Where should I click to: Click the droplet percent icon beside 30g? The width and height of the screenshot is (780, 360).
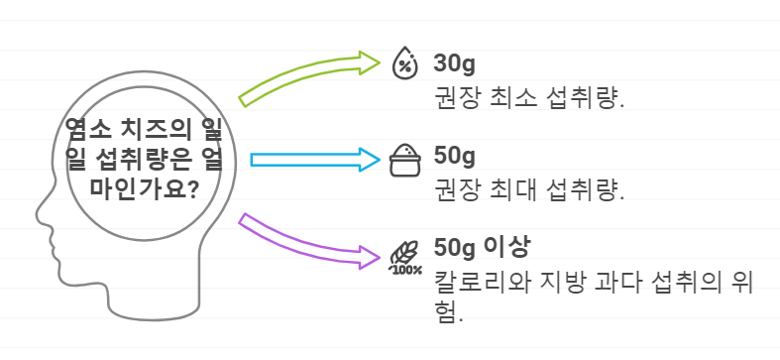(x=404, y=62)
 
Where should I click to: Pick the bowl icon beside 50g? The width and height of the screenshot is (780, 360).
(x=404, y=160)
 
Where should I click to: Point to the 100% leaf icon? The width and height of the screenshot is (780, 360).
(x=404, y=256)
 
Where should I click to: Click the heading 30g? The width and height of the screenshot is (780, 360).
(x=455, y=64)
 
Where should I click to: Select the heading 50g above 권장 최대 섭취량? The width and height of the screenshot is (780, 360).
(x=455, y=157)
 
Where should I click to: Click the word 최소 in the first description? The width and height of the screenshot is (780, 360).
(x=505, y=99)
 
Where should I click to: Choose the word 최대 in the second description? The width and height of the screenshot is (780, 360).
(x=505, y=190)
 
